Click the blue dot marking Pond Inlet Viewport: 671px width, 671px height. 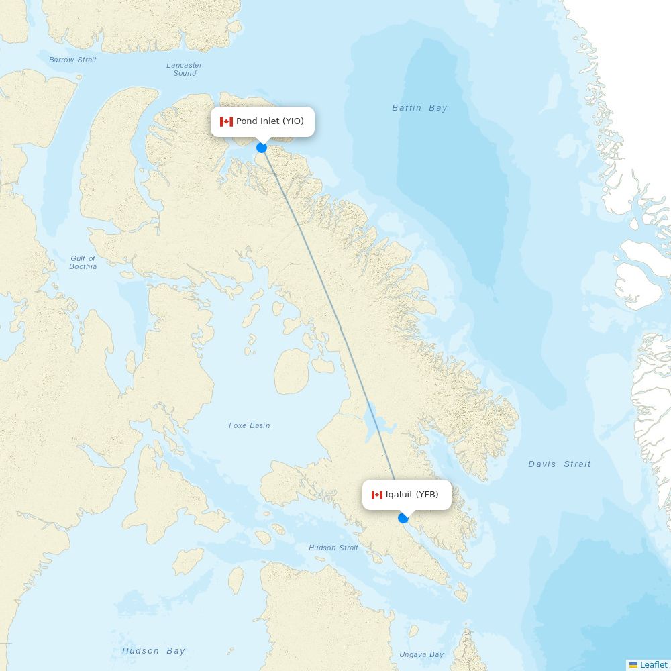262,148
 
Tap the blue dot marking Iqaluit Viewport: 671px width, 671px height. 403,518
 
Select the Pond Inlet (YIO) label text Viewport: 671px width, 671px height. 270,121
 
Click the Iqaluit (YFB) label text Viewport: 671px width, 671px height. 412,495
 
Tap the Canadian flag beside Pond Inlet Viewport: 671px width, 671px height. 226,121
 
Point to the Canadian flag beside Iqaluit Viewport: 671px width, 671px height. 377,495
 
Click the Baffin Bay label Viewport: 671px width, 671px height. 419,108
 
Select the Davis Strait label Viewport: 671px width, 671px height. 559,464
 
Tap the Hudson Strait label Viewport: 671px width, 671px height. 333,548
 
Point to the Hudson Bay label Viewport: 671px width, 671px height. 153,650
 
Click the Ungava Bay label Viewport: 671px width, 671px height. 421,654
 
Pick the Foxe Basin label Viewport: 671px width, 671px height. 249,425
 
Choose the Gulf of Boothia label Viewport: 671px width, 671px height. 83,262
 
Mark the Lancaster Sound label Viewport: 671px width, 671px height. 185,69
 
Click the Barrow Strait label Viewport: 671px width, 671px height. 72,60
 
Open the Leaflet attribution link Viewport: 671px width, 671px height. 653,664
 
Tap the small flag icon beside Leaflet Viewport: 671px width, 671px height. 633,664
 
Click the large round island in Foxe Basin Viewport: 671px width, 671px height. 292,371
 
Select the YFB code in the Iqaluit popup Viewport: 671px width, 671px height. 427,495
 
